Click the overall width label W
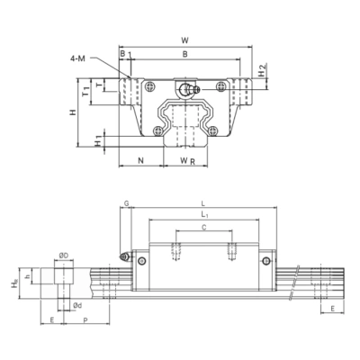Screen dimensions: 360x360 pos(184,39)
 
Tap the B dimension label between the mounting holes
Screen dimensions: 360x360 pos(184,54)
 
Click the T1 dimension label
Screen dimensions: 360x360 pos(85,89)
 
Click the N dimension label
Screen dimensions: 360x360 pos(140,160)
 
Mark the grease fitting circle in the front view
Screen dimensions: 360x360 pos(187,88)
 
